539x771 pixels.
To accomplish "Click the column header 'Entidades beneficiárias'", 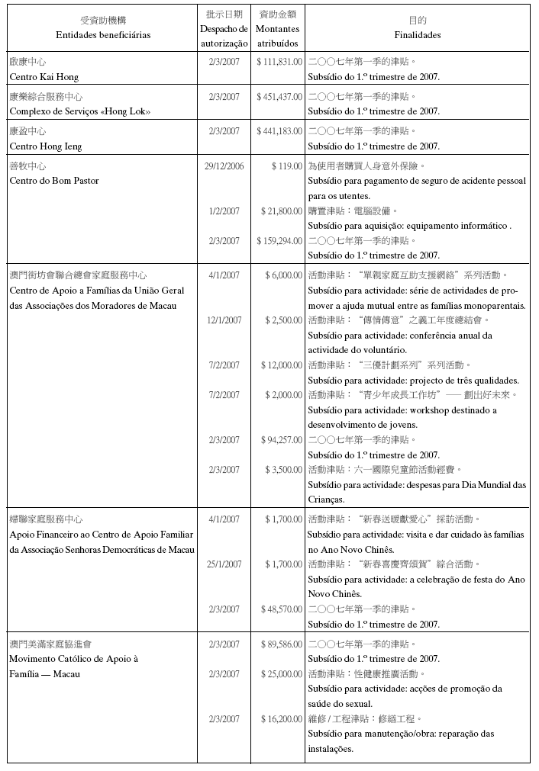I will pyautogui.click(x=103, y=35).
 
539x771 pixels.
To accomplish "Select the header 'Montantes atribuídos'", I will pyautogui.click(x=278, y=36).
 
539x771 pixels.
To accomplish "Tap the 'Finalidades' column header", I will pyautogui.click(x=417, y=35).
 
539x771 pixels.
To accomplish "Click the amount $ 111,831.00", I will pyautogui.click(x=279, y=62).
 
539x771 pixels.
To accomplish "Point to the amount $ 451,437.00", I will pyautogui.click(x=279, y=97).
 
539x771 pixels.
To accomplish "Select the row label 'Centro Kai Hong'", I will pyautogui.click(x=44, y=77).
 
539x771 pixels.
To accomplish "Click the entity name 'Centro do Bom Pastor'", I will pyautogui.click(x=53, y=181).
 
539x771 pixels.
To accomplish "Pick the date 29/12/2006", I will pyautogui.click(x=224, y=166).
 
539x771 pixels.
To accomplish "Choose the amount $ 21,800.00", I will pyautogui.click(x=282, y=211).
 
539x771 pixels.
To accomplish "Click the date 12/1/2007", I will pyautogui.click(x=224, y=320).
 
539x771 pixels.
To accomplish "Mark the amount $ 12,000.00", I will pyautogui.click(x=283, y=365).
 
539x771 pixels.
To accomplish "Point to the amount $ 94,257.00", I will pyautogui.click(x=282, y=440).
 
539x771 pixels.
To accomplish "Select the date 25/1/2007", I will pyautogui.click(x=224, y=564).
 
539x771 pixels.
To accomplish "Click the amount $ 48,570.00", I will pyautogui.click(x=282, y=609).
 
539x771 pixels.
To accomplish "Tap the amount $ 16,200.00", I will pyautogui.click(x=282, y=719).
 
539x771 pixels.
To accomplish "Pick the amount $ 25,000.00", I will pyautogui.click(x=282, y=674).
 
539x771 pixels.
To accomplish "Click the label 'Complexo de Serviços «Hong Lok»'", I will pyautogui.click(x=79, y=111).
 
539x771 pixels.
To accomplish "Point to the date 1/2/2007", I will pyautogui.click(x=224, y=211).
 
